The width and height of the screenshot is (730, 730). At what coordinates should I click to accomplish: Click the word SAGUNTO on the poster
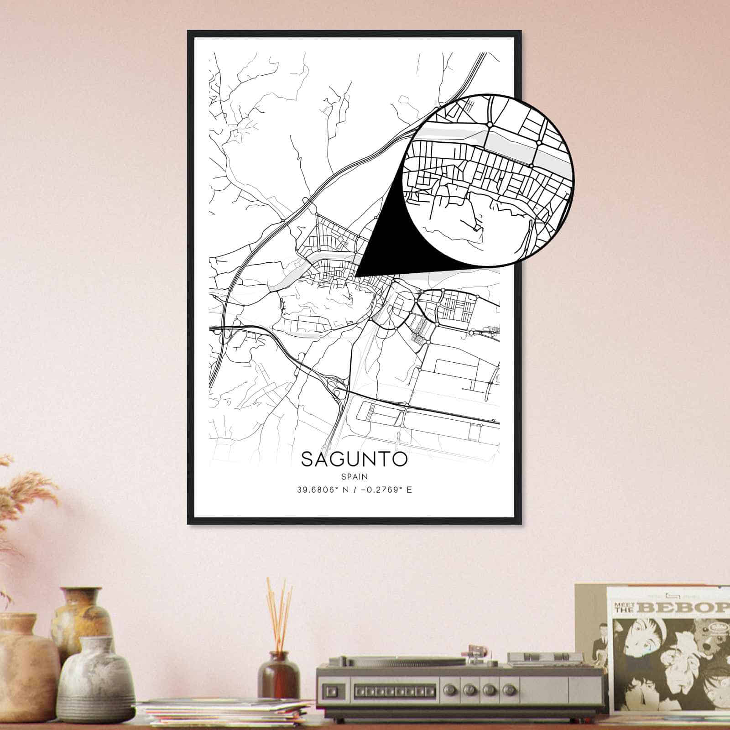(354, 459)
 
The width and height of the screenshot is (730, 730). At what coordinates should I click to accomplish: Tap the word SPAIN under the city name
(354, 476)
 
